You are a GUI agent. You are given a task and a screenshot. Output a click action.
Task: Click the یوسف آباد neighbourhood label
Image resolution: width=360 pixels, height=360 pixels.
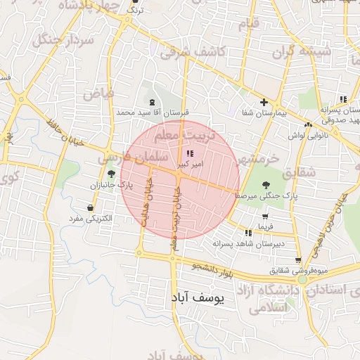[x=196, y=299]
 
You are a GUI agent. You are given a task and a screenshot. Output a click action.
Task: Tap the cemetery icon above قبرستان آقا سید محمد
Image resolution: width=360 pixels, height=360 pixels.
[x=153, y=102]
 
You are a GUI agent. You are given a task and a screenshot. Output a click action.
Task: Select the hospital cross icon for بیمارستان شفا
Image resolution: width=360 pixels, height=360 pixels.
[x=264, y=102]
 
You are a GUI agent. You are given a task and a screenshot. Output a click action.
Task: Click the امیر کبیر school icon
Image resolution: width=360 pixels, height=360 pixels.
[x=189, y=153]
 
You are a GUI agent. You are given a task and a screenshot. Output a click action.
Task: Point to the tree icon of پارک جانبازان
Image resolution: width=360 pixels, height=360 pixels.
[x=110, y=174]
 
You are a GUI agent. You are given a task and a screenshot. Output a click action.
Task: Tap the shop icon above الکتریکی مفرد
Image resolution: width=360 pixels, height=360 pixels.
[x=91, y=208]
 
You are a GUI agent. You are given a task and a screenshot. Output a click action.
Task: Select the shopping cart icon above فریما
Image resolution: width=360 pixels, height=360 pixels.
[x=264, y=217]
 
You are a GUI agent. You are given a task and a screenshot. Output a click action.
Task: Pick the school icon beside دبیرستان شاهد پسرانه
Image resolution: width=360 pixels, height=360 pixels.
[x=248, y=233]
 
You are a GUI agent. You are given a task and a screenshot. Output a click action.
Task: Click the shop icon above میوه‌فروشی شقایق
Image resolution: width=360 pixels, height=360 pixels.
[x=298, y=260]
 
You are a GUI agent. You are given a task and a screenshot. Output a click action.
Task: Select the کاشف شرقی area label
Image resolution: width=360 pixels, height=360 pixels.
[x=192, y=51]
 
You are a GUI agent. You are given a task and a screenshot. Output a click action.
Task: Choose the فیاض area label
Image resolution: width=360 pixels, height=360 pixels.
[x=98, y=93]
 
